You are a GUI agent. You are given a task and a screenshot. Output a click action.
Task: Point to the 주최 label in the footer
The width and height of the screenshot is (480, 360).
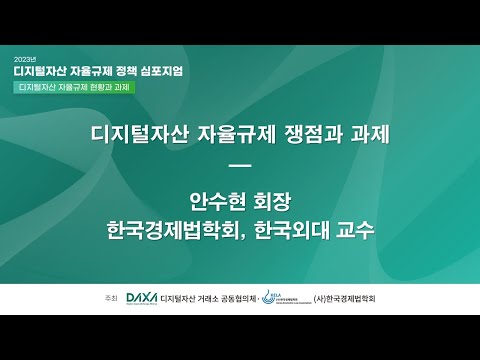pos(110,299)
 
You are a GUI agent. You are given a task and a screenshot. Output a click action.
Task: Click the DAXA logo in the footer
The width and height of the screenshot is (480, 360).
pos(145,299)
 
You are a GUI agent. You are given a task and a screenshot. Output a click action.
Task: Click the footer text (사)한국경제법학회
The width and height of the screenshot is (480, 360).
pos(351,299)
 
